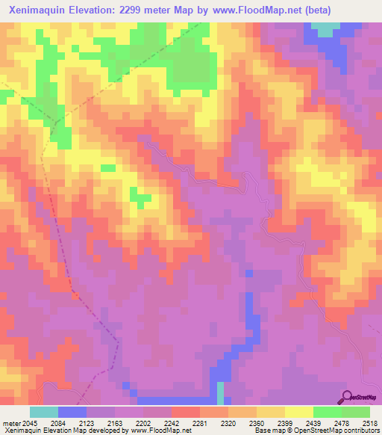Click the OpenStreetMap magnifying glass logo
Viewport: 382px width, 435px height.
coord(347,396)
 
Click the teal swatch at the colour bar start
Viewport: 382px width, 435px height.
coord(44,412)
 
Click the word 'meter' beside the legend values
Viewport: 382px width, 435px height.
coord(11,422)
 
